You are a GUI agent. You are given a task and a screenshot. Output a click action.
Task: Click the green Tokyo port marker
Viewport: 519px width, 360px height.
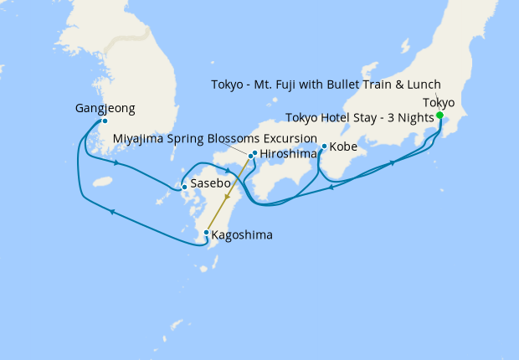click(x=439, y=116)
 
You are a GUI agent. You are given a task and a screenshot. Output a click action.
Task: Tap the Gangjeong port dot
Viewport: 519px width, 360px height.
click(x=105, y=121)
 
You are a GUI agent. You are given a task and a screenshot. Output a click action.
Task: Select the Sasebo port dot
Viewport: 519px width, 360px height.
click(x=184, y=188)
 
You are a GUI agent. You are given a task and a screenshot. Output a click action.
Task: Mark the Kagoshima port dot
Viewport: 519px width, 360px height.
click(x=206, y=232)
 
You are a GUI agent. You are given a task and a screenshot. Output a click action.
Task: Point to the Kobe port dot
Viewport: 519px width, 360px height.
click(x=324, y=147)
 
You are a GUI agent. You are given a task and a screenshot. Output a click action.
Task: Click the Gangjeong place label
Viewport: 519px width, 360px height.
click(x=105, y=109)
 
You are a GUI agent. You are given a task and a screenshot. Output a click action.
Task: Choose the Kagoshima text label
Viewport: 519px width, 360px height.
click(x=242, y=235)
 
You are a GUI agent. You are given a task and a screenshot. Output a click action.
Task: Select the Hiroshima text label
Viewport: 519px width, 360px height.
click(x=288, y=154)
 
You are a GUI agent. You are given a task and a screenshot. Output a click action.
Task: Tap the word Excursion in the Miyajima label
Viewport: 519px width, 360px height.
click(x=288, y=138)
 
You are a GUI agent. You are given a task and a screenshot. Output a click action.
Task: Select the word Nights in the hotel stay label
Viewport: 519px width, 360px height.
click(x=417, y=118)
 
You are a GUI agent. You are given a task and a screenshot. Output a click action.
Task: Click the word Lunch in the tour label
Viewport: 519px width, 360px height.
click(x=424, y=85)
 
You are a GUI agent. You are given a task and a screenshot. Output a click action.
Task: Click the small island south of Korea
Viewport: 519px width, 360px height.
click(x=105, y=181)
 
